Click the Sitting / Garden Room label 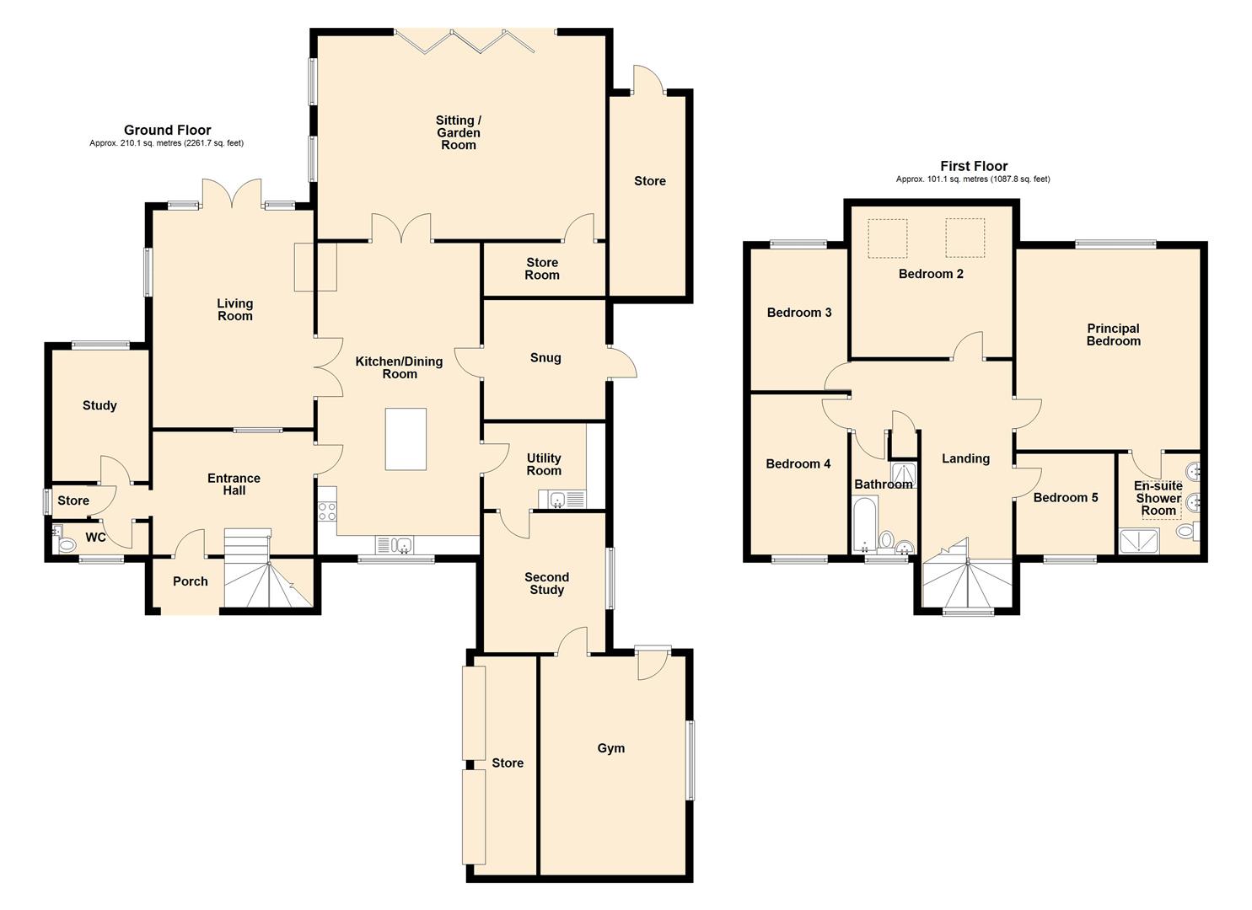pyautogui.click(x=458, y=133)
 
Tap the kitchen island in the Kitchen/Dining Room pyautogui.click(x=406, y=439)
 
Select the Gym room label pyautogui.click(x=610, y=748)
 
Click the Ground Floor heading pyautogui.click(x=167, y=130)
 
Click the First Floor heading pyautogui.click(x=973, y=166)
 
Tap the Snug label pyautogui.click(x=545, y=358)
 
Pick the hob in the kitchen pyautogui.click(x=327, y=510)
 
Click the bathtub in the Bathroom pyautogui.click(x=865, y=524)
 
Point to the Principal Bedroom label pyautogui.click(x=1113, y=335)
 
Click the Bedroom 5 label pyautogui.click(x=1066, y=498)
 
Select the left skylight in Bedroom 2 pyautogui.click(x=888, y=238)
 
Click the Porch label pyautogui.click(x=190, y=581)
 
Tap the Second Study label pyautogui.click(x=546, y=583)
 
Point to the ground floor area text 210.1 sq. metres pyautogui.click(x=166, y=143)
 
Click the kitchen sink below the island pyautogui.click(x=394, y=545)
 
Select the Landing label pyautogui.click(x=965, y=459)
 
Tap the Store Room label pyautogui.click(x=542, y=269)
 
